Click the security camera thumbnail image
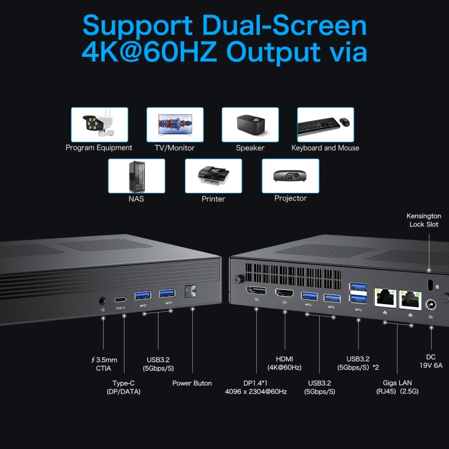click(99, 125)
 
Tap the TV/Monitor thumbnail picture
click(175, 125)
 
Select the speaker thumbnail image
click(250, 125)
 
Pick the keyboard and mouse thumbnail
click(325, 125)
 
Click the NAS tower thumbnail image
click(136, 175)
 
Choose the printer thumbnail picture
click(213, 175)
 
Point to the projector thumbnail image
click(290, 175)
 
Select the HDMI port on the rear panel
click(284, 294)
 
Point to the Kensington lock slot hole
click(429, 283)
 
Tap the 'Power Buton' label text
click(192, 383)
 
